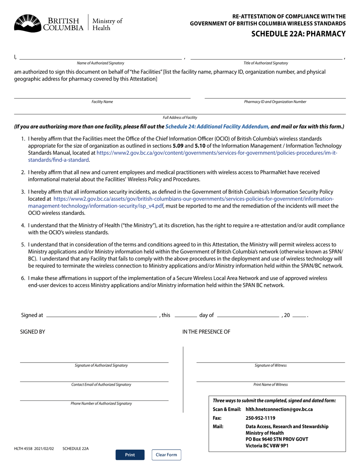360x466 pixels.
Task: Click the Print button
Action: [130, 455]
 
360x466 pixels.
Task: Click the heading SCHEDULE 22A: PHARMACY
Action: [298, 34]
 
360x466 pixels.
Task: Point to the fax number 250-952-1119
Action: [260, 418]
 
